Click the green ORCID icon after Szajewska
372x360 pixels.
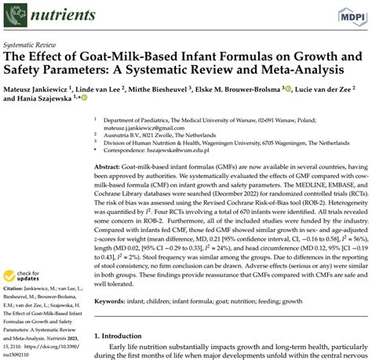pyautogui.click(x=97, y=100)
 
